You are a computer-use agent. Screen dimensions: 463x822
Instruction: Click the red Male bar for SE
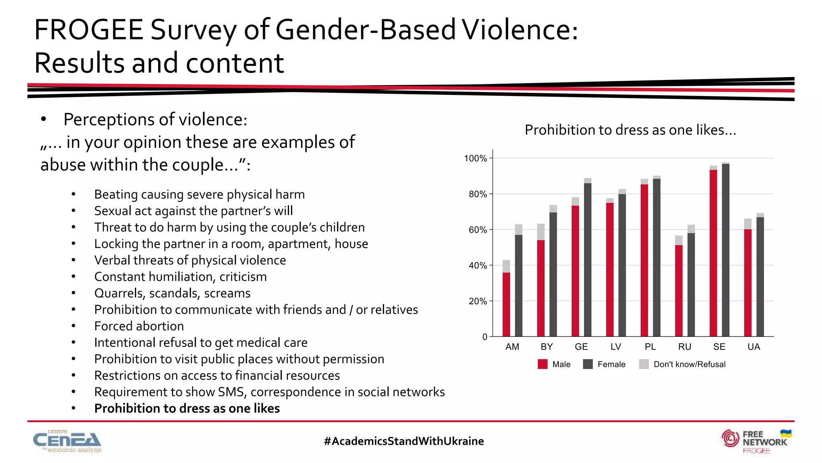point(713,253)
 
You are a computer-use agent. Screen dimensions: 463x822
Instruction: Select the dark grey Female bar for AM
point(519,285)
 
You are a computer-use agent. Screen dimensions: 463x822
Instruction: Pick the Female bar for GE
point(588,260)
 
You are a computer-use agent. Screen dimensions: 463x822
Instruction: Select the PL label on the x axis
point(650,347)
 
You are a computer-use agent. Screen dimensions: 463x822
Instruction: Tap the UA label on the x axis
point(754,347)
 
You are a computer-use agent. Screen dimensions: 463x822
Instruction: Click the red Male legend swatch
point(543,364)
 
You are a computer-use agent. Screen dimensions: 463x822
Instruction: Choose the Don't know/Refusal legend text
point(689,364)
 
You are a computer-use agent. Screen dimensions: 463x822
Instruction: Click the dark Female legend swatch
point(588,364)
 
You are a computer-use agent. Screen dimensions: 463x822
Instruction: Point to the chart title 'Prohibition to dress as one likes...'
point(630,130)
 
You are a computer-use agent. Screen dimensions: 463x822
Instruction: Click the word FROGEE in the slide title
point(89,30)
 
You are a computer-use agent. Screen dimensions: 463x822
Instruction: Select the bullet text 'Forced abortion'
point(139,326)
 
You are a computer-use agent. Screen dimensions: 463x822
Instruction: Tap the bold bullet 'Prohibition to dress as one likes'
point(187,408)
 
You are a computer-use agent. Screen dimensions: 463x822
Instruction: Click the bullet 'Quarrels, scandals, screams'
point(172,293)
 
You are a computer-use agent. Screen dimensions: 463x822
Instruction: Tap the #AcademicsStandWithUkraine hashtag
point(404,441)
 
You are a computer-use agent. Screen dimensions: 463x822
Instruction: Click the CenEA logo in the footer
point(67,441)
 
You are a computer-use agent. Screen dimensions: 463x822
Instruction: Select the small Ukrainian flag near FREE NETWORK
point(785,434)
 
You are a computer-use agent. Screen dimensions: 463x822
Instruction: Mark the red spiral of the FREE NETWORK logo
point(730,438)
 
